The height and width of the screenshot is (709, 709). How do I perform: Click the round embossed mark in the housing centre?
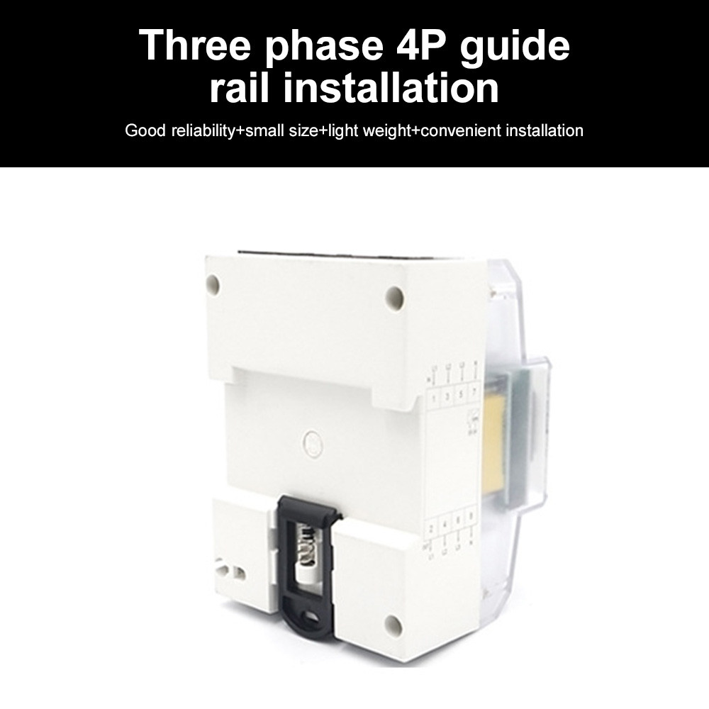313,442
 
